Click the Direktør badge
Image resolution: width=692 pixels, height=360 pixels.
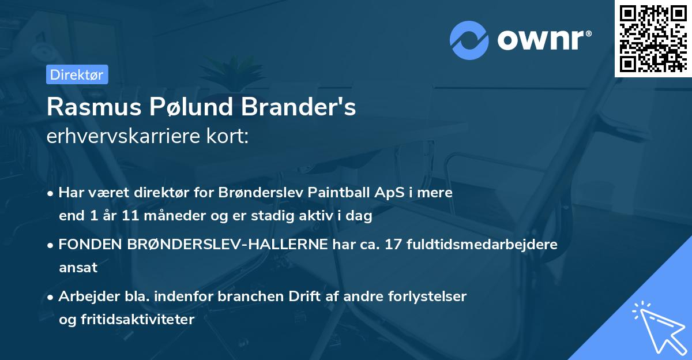pyautogui.click(x=77, y=74)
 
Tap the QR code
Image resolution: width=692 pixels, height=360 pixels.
pyautogui.click(x=653, y=39)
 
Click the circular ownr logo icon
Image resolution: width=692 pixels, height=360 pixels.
pyautogui.click(x=469, y=40)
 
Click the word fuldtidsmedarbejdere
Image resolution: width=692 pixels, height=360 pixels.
pyautogui.click(x=482, y=245)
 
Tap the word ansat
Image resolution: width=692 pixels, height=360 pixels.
pyautogui.click(x=78, y=268)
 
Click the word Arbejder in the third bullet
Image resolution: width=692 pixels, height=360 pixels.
pyautogui.click(x=86, y=297)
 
